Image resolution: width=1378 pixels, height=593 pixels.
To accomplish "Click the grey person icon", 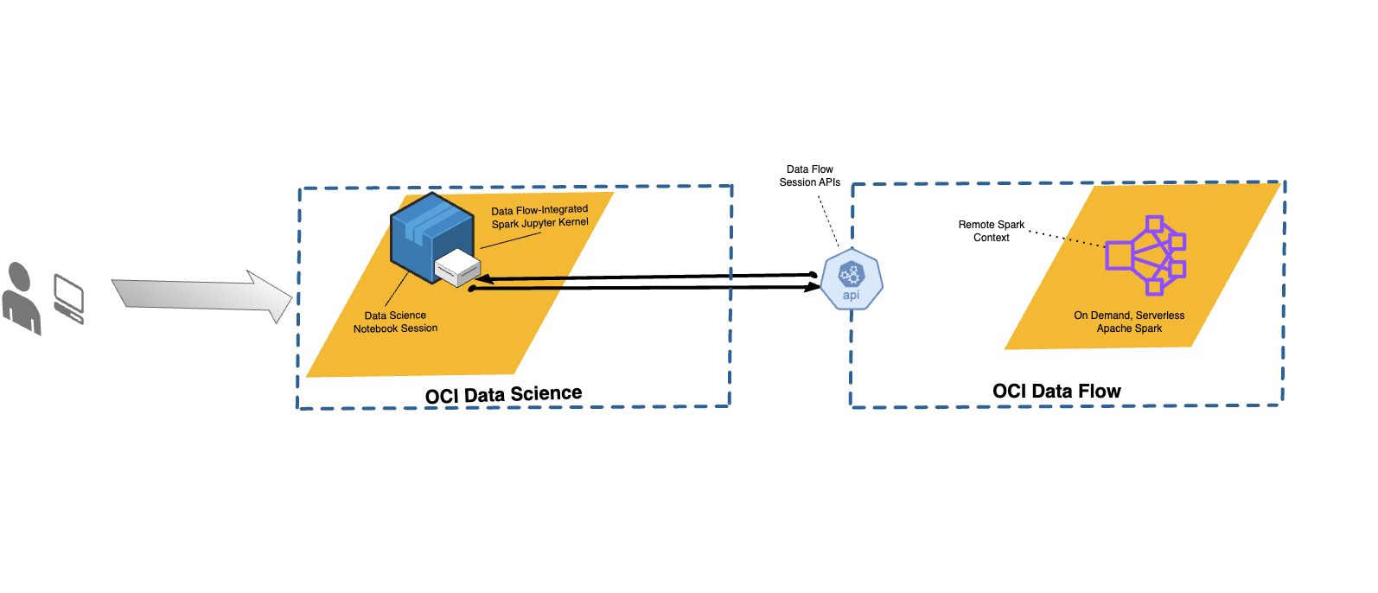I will [x=21, y=299].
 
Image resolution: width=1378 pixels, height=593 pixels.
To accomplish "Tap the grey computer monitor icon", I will [x=69, y=297].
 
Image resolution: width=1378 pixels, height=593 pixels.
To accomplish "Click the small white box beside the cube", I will [x=457, y=268].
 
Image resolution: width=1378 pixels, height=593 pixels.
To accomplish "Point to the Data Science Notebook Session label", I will [x=395, y=322].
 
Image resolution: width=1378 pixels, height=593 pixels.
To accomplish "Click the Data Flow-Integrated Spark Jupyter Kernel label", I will [x=539, y=216].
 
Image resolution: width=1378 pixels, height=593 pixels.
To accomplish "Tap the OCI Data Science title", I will [x=503, y=395].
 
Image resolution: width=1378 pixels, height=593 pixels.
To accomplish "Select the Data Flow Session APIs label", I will [x=810, y=176].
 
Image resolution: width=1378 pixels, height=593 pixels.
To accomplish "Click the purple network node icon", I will [x=1145, y=255].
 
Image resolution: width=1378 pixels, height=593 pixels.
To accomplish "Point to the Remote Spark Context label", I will [x=991, y=231].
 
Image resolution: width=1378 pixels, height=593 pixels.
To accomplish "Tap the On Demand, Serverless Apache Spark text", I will [x=1129, y=322].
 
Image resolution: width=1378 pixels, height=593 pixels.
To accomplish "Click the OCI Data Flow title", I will [x=1056, y=392].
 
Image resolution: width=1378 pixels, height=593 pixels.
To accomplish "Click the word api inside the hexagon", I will [x=852, y=296].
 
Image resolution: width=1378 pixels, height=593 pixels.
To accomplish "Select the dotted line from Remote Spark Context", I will [x=1066, y=239].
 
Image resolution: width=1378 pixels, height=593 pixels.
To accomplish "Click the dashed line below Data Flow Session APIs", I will [x=828, y=220].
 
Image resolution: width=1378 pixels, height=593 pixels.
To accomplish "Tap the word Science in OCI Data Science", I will [x=545, y=394].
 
